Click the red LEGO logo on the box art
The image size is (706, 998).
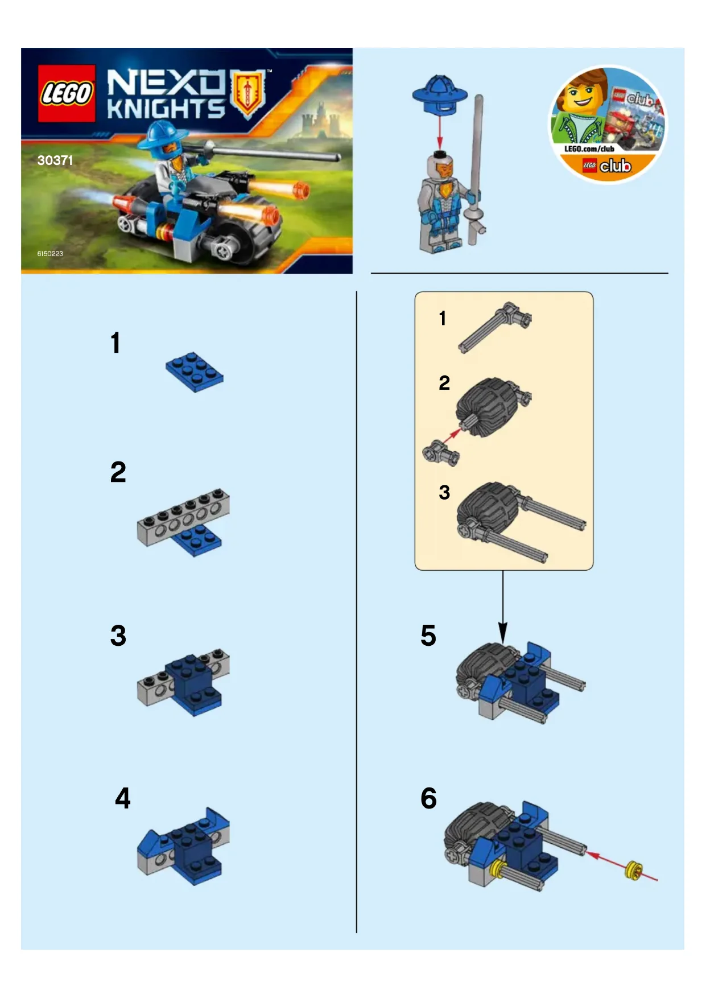67,93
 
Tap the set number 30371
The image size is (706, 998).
55,160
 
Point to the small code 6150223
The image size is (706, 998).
50,254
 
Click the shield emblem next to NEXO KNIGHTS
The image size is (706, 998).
248,93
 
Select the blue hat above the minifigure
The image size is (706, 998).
440,95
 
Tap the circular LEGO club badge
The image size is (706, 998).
608,125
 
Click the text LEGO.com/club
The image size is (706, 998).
589,149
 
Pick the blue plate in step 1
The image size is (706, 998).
195,372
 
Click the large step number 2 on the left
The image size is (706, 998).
118,472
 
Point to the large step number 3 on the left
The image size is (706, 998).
118,636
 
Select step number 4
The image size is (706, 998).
123,798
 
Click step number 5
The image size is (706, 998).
428,636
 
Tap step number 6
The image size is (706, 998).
429,798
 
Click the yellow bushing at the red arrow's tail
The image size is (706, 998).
634,871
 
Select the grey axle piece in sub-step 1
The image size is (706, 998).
494,327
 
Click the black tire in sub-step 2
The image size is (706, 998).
487,407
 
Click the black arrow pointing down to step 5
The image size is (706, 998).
503,607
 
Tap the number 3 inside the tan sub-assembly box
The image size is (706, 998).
444,492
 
